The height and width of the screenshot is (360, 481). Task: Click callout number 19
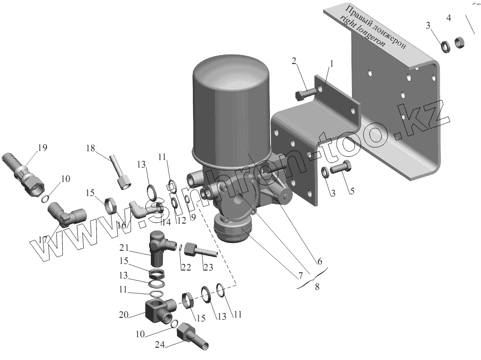pos(43,147)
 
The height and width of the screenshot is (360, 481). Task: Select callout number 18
pos(90,149)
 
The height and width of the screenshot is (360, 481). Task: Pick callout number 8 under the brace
pos(317,287)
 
